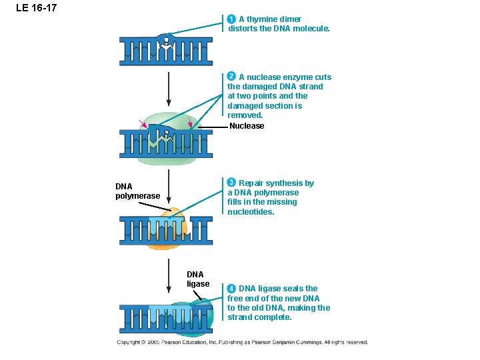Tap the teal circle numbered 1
tap(231, 19)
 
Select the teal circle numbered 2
tap(231, 77)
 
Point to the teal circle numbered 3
tap(231, 183)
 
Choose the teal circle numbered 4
tap(231, 289)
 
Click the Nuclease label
tap(247, 126)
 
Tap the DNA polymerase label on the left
tap(137, 191)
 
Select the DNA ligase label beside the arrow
tap(198, 279)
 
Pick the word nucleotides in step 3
tap(251, 212)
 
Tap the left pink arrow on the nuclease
tap(143, 123)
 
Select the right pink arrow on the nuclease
tap(190, 123)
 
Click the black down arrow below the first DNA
tap(169, 87)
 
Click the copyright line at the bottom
tap(242, 342)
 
